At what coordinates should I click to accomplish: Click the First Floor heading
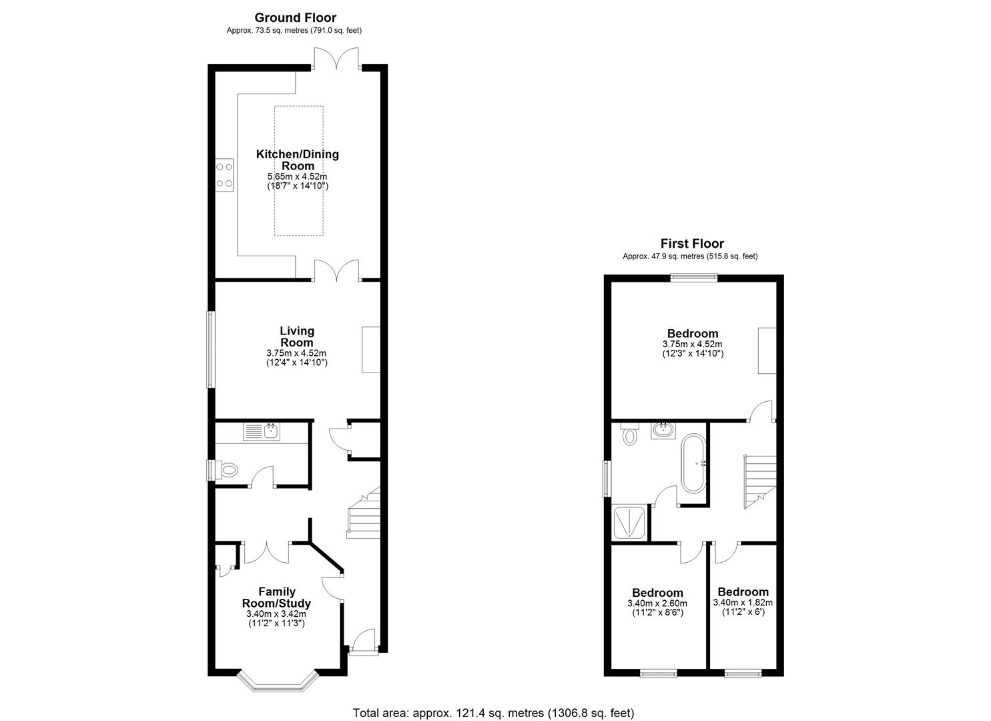[x=691, y=244]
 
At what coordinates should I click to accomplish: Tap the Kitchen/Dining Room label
[x=297, y=160]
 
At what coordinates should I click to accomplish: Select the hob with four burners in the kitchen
[x=225, y=175]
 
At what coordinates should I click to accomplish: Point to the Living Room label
[x=296, y=336]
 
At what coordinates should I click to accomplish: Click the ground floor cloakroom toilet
[x=227, y=470]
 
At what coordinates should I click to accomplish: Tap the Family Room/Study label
[x=276, y=597]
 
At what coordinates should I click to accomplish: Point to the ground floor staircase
[x=363, y=514]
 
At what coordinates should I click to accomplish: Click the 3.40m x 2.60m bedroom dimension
[x=657, y=603]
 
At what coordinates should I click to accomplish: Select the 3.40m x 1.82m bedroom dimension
[x=743, y=602]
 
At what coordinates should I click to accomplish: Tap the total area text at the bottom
[x=493, y=712]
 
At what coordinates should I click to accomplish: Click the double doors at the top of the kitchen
[x=337, y=59]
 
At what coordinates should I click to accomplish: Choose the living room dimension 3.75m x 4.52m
[x=296, y=353]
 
